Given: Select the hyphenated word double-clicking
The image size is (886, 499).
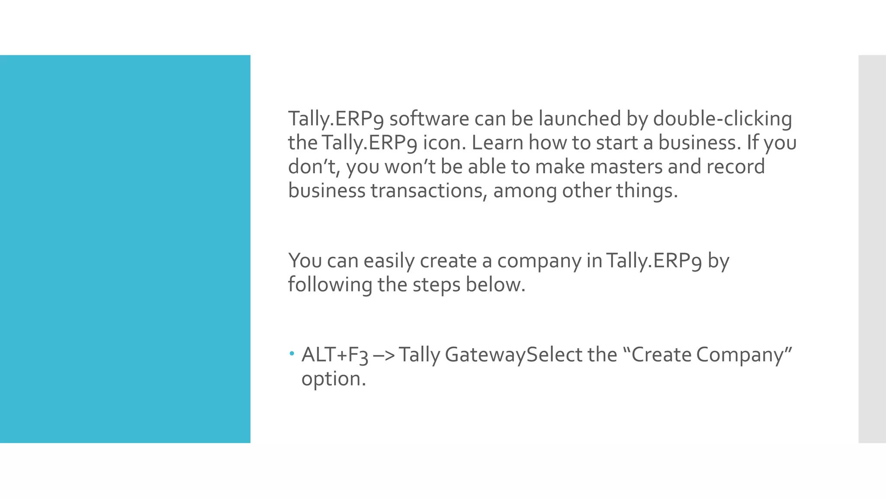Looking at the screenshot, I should tap(722, 119).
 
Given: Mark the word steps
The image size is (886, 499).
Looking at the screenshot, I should tap(436, 285).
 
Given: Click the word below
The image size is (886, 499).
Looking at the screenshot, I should tap(495, 285).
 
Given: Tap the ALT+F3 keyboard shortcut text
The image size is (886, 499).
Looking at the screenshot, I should tap(335, 355).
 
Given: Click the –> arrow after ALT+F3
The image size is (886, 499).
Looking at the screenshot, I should tap(383, 355).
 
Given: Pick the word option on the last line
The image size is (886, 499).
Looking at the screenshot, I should tap(334, 379).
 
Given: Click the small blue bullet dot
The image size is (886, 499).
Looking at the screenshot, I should tap(292, 354).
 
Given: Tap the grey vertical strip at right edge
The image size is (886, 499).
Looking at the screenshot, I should tap(872, 249).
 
